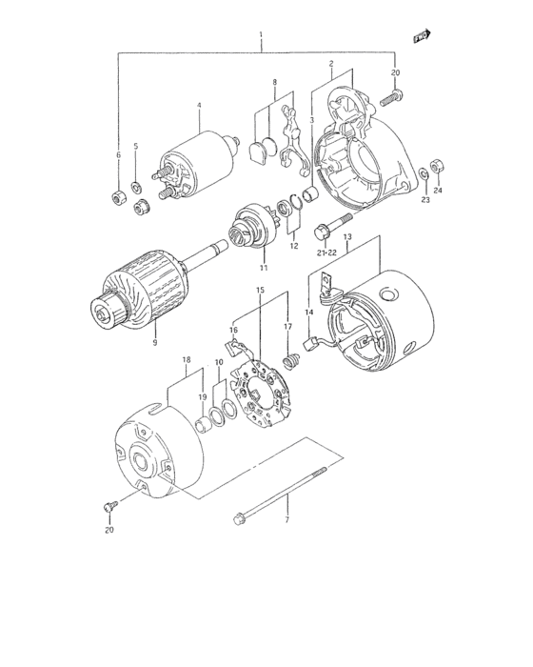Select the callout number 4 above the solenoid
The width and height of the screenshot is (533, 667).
click(199, 105)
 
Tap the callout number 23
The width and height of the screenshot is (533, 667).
click(424, 199)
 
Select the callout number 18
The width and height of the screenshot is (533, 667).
click(187, 360)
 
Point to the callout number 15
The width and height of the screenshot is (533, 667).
click(259, 289)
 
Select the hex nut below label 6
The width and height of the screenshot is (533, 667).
click(119, 196)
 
